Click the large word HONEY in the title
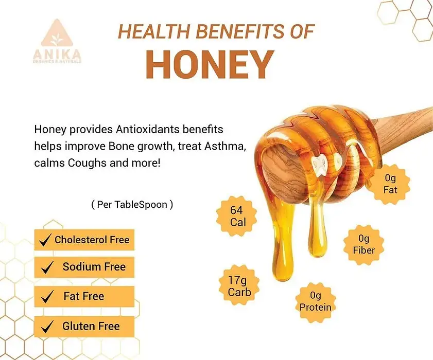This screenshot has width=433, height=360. point(210,65)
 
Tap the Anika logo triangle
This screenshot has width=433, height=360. point(57,33)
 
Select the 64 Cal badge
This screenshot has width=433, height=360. point(236,216)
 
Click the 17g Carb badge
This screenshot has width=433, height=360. point(239,286)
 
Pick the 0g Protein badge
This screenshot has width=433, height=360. point(316,301)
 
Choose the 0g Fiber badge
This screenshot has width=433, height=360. point(363,244)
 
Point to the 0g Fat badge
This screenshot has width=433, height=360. point(390,184)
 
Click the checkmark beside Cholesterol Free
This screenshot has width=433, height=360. point(45,240)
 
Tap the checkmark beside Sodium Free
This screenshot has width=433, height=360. point(47,267)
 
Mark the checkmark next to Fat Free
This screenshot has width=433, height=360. point(47,296)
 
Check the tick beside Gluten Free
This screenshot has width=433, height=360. point(47,327)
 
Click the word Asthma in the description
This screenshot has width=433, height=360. point(225,146)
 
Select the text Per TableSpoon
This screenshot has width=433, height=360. point(132,205)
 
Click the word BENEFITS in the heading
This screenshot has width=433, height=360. point(240,31)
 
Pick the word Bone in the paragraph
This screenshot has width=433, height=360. point(121,146)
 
